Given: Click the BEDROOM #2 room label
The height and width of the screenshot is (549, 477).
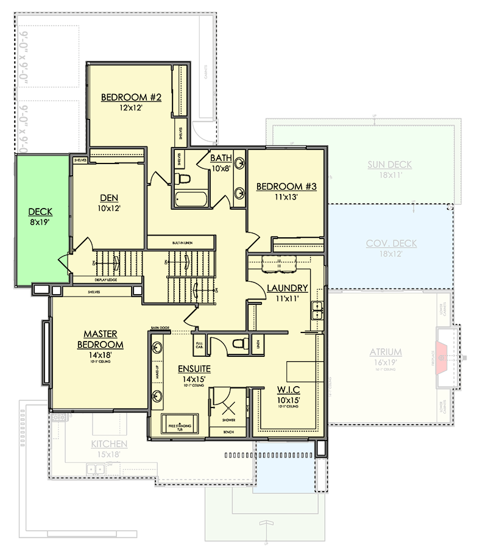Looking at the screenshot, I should (131, 97).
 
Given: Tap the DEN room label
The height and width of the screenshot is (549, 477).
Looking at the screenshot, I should (108, 198).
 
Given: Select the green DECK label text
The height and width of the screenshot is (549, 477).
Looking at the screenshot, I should (41, 212).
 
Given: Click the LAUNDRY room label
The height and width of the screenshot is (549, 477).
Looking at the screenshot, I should (288, 288).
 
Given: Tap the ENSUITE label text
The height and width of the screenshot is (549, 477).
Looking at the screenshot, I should (194, 368).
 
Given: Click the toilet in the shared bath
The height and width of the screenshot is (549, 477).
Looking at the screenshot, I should (182, 178).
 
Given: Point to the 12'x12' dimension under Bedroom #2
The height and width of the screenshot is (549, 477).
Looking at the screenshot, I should (131, 108).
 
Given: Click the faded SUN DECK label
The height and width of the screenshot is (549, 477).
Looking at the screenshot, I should (390, 164).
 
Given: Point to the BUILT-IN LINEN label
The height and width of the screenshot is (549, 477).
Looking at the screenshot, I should (182, 243).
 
